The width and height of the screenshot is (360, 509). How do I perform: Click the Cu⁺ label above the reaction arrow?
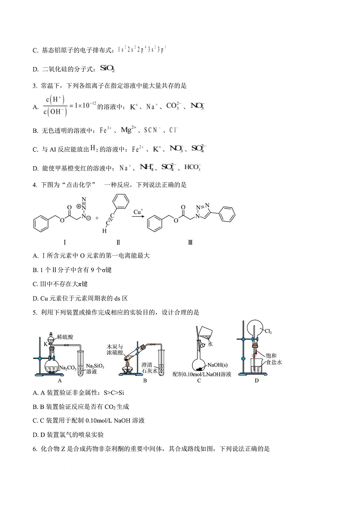(138, 212)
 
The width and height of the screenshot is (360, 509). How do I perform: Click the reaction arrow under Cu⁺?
(138, 217)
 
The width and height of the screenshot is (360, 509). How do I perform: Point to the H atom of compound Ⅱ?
(105, 231)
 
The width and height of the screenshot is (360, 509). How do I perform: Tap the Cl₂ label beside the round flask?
(268, 332)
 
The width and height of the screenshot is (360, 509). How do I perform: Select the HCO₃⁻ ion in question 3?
(192, 167)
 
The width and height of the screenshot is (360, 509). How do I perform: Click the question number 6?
(34, 448)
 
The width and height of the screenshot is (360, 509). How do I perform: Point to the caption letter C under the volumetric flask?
(199, 381)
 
